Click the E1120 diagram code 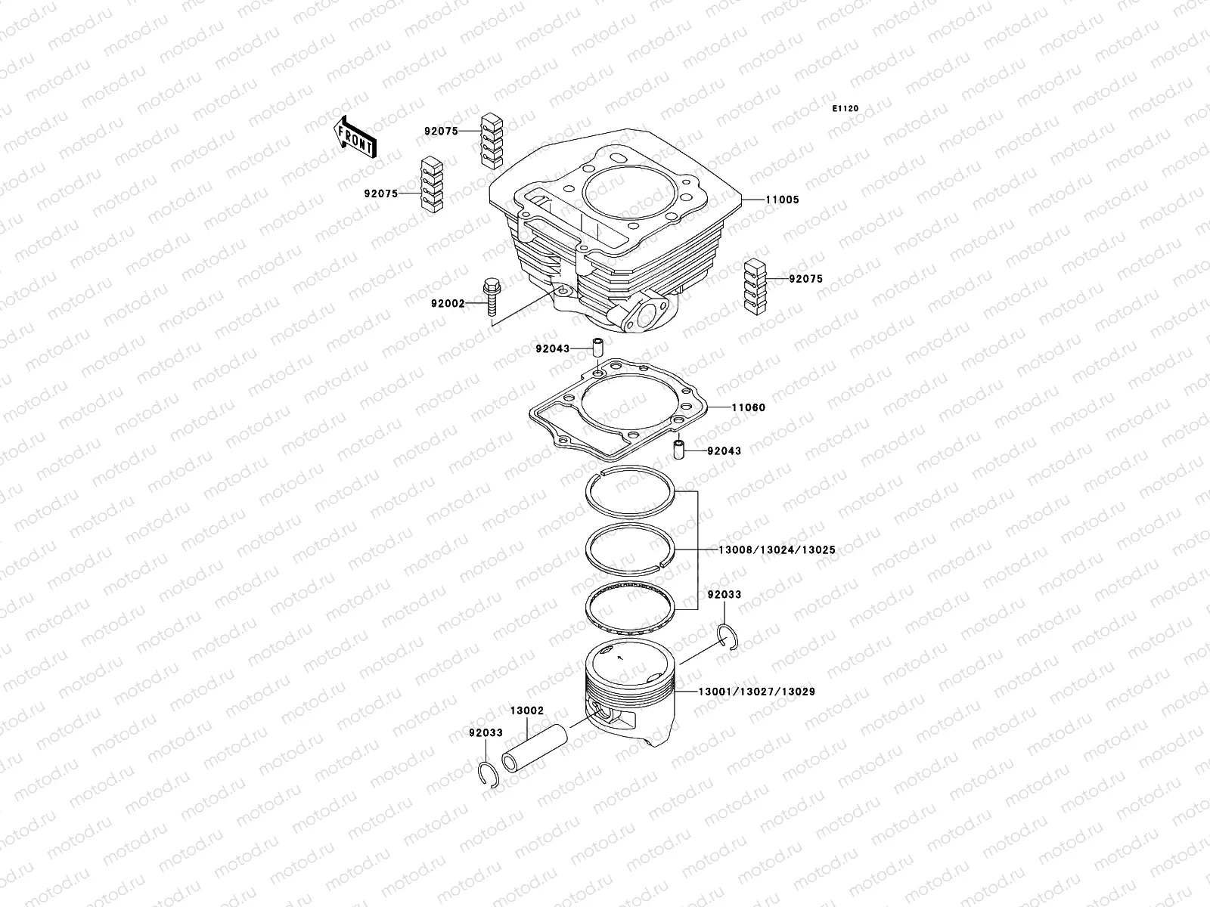pyautogui.click(x=845, y=109)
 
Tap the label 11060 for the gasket pyautogui.click(x=748, y=407)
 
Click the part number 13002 pyautogui.click(x=526, y=711)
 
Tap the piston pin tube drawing pyautogui.click(x=534, y=748)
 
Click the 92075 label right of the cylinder pyautogui.click(x=805, y=279)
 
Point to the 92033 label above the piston pyautogui.click(x=724, y=595)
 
